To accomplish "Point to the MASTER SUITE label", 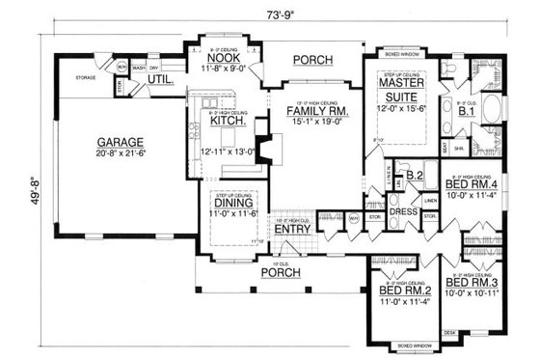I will (x=394, y=91).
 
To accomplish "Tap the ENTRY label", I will (x=292, y=230).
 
